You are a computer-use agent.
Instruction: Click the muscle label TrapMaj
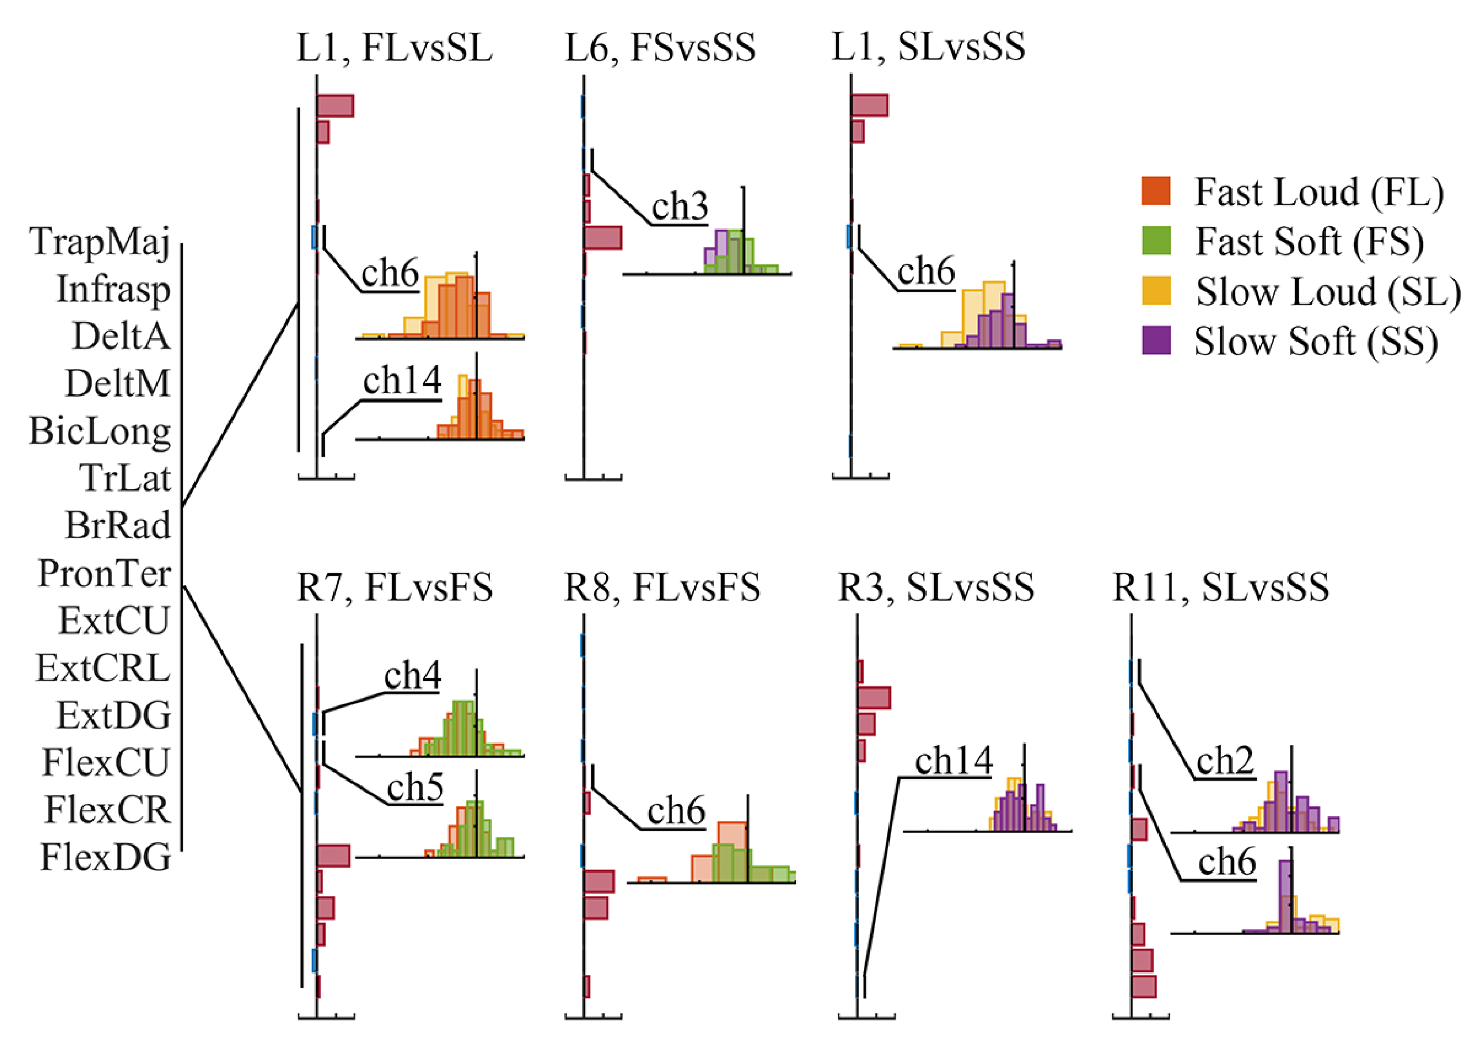[x=100, y=242]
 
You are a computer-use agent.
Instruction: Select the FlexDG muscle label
[x=106, y=857]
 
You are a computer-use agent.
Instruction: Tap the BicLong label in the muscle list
[x=100, y=431]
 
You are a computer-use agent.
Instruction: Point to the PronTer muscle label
[x=105, y=573]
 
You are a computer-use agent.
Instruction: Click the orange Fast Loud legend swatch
[x=1155, y=191]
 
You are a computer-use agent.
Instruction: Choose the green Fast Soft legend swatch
[x=1155, y=241]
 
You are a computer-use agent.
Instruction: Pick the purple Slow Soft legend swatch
[x=1155, y=341]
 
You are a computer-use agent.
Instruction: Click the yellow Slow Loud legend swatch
[x=1155, y=291]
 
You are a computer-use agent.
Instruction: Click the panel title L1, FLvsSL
[x=394, y=48]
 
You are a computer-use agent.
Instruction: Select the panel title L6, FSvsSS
[x=660, y=48]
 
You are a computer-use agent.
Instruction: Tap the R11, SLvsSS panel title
[x=1220, y=587]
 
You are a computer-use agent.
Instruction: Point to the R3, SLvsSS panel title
[x=936, y=587]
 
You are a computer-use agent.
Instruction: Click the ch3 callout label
[x=679, y=207]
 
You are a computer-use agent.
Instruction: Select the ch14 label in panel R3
[x=953, y=761]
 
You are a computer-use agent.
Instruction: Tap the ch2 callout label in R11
[x=1225, y=761]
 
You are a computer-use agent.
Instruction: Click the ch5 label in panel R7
[x=415, y=787]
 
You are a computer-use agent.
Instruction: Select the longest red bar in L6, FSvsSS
[x=603, y=237]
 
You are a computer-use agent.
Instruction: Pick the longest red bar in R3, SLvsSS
[x=874, y=698]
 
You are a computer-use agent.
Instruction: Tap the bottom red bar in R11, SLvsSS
[x=1143, y=987]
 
